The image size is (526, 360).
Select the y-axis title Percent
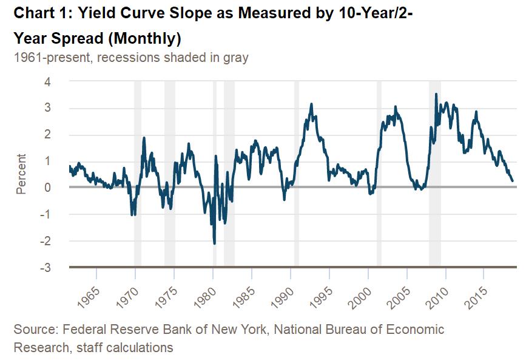21,174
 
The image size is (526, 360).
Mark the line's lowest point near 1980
215,243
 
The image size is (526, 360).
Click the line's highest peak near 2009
436,94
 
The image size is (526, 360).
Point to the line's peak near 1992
311,104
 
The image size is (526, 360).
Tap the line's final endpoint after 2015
513,181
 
